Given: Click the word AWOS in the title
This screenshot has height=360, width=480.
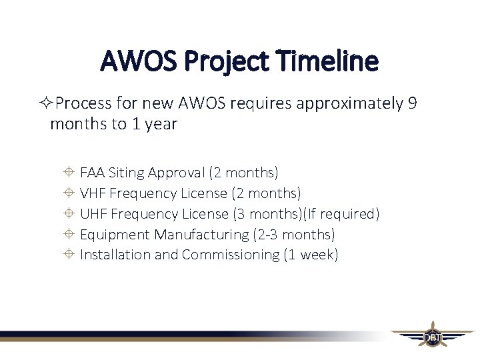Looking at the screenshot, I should (x=137, y=61).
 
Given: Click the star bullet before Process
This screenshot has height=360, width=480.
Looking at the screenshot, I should (x=46, y=104).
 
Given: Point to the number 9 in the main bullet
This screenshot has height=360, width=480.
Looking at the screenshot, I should (x=412, y=103).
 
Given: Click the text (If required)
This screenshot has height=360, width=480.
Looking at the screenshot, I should (x=341, y=213).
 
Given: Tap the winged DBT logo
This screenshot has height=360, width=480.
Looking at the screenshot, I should (x=432, y=337).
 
